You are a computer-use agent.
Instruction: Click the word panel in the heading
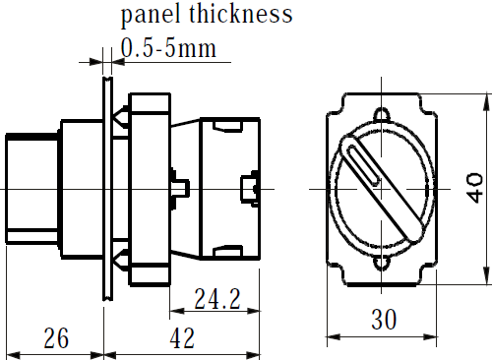(x=151, y=16)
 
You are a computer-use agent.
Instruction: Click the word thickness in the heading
(x=241, y=14)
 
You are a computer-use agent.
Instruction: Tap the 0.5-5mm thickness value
(x=168, y=48)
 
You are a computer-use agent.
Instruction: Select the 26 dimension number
(x=56, y=338)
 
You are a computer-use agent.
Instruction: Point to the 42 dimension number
(x=182, y=338)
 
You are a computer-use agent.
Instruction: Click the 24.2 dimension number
(x=217, y=299)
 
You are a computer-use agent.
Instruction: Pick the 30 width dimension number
(x=384, y=320)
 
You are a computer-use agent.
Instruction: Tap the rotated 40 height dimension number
(x=475, y=188)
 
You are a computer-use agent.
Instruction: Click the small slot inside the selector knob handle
(x=363, y=164)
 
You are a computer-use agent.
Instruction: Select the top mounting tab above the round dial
(x=382, y=114)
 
